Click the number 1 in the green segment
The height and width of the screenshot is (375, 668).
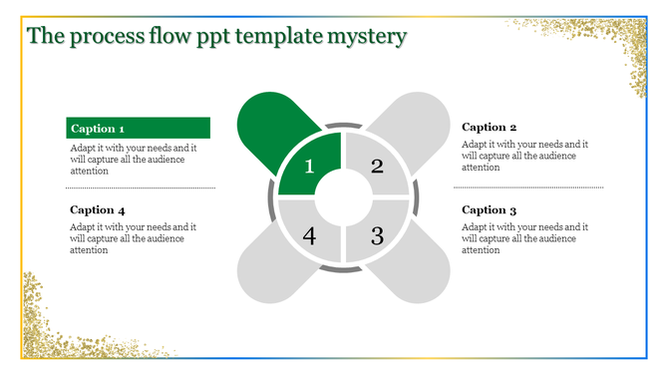pyautogui.click(x=309, y=167)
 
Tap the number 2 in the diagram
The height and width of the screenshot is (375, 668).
pyautogui.click(x=377, y=167)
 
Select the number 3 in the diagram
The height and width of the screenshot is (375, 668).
pyautogui.click(x=377, y=236)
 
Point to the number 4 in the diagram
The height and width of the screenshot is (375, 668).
pyautogui.click(x=309, y=236)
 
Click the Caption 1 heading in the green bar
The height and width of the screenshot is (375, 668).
pyautogui.click(x=98, y=129)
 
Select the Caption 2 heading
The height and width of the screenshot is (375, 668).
pyautogui.click(x=490, y=128)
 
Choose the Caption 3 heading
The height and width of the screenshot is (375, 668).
pyautogui.click(x=490, y=210)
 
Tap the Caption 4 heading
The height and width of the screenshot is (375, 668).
pyautogui.click(x=98, y=210)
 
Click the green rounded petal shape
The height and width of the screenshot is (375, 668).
pyautogui.click(x=267, y=124)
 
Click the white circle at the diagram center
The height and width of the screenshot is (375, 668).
pyautogui.click(x=343, y=199)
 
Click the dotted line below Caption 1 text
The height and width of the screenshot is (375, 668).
pyautogui.click(x=140, y=187)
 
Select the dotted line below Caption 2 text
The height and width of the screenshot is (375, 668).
pyautogui.click(x=530, y=187)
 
